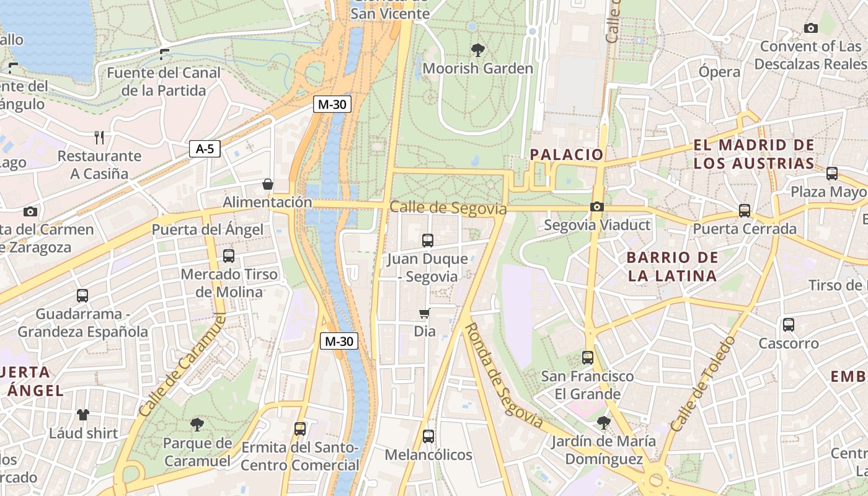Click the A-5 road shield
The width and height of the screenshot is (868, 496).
click(205, 149)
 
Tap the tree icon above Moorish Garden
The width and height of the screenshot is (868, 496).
click(477, 50)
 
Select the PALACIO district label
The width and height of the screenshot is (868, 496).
click(567, 154)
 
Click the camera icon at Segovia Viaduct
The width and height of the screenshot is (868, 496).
click(596, 206)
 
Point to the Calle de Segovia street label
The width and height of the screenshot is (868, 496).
click(448, 208)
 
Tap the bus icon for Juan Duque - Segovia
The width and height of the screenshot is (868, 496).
click(427, 241)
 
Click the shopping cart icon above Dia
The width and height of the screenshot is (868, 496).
click(425, 313)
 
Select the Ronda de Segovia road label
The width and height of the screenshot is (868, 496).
click(503, 376)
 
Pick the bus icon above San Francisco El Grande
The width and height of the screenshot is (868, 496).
click(587, 358)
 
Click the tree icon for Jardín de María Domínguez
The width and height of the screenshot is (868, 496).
click(603, 423)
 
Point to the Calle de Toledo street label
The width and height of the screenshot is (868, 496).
click(702, 384)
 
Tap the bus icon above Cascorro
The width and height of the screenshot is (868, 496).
click(788, 324)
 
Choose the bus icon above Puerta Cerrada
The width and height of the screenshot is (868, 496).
click(744, 211)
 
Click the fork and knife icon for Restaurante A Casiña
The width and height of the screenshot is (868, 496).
click(99, 137)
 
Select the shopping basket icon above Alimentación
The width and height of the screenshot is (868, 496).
click(268, 184)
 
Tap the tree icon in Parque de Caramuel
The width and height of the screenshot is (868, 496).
click(197, 425)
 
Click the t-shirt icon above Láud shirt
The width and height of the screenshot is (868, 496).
click(83, 414)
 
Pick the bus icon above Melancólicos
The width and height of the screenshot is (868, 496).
click(428, 436)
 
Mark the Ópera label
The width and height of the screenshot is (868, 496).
click(719, 72)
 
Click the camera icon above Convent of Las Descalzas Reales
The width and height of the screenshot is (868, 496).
click(810, 28)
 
